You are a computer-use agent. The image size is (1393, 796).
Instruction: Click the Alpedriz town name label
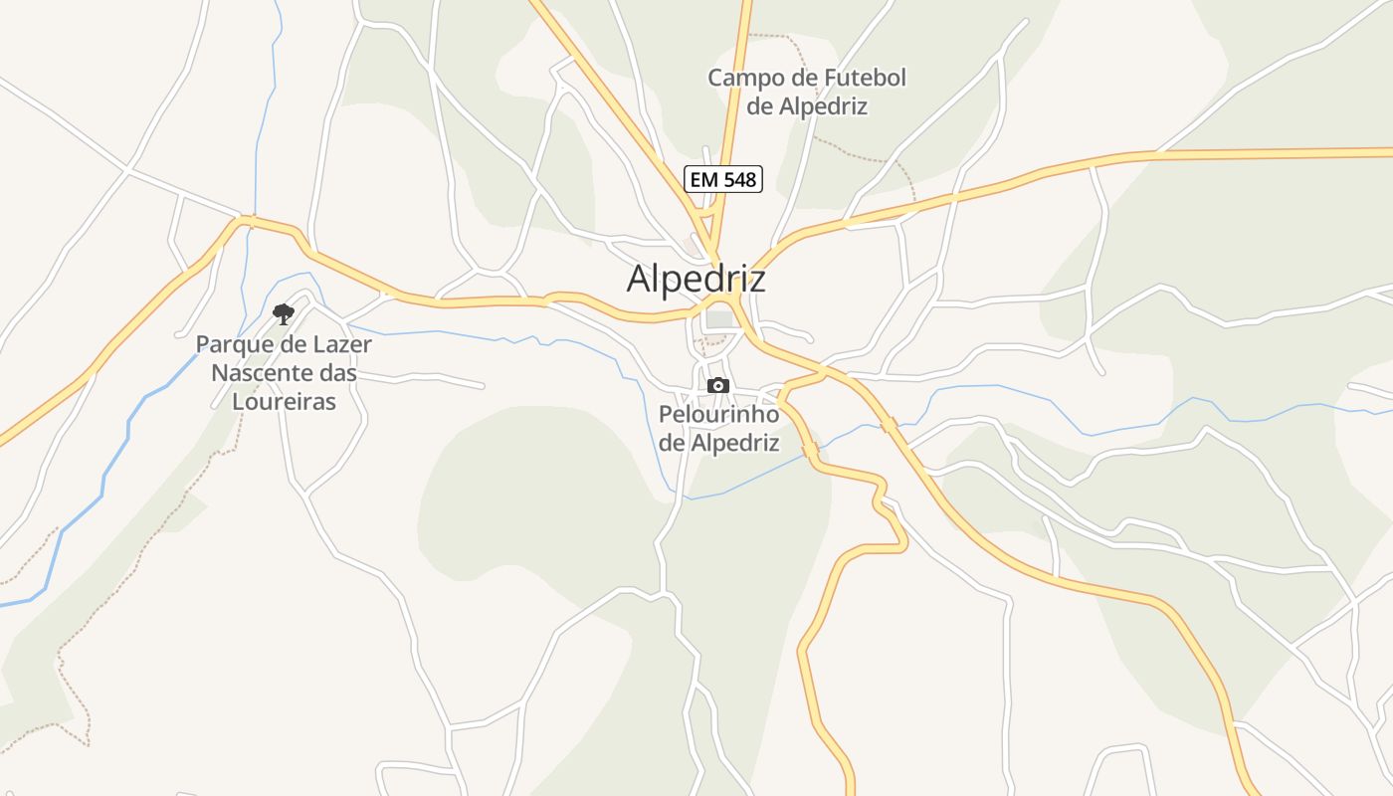(x=696, y=279)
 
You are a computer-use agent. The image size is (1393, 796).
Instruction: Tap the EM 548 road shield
(x=723, y=179)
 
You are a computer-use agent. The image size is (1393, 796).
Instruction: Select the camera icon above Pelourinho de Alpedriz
(x=718, y=386)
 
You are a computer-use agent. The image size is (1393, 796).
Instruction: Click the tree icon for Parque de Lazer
(x=284, y=314)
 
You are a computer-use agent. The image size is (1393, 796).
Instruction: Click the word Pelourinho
(x=718, y=414)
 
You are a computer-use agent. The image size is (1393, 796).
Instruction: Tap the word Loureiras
(x=284, y=402)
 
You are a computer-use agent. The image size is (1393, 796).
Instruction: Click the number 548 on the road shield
(x=737, y=179)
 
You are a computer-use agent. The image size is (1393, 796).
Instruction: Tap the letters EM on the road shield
(x=702, y=179)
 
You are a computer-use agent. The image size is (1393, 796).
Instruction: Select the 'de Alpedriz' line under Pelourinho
(x=718, y=443)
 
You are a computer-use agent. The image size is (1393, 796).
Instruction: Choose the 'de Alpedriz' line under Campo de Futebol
(x=807, y=106)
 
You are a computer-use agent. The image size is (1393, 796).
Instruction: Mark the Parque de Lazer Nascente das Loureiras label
(x=284, y=373)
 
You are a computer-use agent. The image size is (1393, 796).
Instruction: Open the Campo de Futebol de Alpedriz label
(x=807, y=92)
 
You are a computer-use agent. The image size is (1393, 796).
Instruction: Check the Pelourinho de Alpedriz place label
(x=718, y=428)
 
